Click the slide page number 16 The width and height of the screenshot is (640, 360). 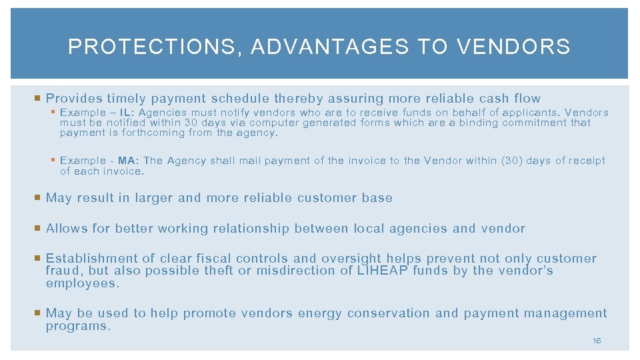pyautogui.click(x=597, y=341)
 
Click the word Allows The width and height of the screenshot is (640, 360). pyautogui.click(x=67, y=229)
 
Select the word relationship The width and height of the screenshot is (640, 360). pyautogui.click(x=251, y=229)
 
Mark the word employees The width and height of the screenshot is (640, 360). pyautogui.click(x=82, y=283)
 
